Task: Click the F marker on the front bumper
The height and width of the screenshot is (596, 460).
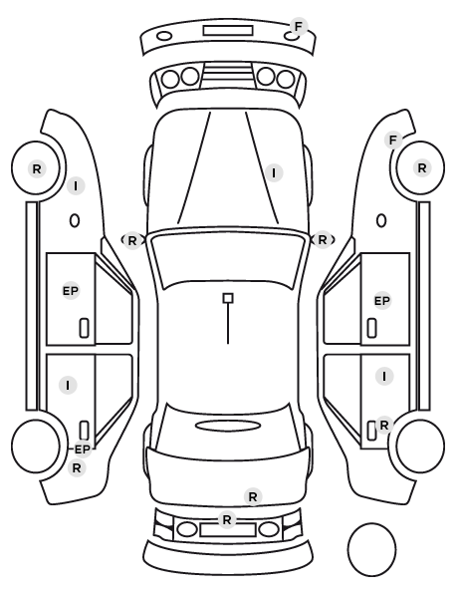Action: pyautogui.click(x=299, y=26)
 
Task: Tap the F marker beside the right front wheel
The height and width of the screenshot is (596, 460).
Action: pyautogui.click(x=393, y=141)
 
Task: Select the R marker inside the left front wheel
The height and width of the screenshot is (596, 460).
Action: pyautogui.click(x=37, y=168)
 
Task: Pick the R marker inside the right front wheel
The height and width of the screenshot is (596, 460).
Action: pyautogui.click(x=421, y=168)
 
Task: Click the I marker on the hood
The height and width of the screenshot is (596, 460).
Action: pyautogui.click(x=274, y=173)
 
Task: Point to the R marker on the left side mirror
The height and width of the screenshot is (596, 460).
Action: pyautogui.click(x=131, y=240)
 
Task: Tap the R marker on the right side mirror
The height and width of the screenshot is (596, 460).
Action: pyautogui.click(x=323, y=240)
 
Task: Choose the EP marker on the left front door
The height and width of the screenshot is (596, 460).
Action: pyautogui.click(x=71, y=291)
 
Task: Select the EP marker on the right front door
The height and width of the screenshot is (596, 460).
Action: pyautogui.click(x=382, y=301)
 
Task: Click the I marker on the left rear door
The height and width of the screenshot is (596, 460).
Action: pyautogui.click(x=68, y=385)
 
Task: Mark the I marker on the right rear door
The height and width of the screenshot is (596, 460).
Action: pyautogui.click(x=384, y=377)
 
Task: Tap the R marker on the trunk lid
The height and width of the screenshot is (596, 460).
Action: pyautogui.click(x=253, y=496)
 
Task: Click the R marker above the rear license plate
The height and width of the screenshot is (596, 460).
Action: pyautogui.click(x=227, y=519)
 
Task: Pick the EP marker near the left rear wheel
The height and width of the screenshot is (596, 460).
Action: pyautogui.click(x=83, y=449)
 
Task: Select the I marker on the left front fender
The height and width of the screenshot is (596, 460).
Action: pyautogui.click(x=76, y=186)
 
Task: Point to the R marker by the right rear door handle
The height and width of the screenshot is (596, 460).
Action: pyautogui.click(x=384, y=425)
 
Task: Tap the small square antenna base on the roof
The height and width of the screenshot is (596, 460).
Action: pyautogui.click(x=228, y=298)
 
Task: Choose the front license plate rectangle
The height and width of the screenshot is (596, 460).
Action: pyautogui.click(x=228, y=31)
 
